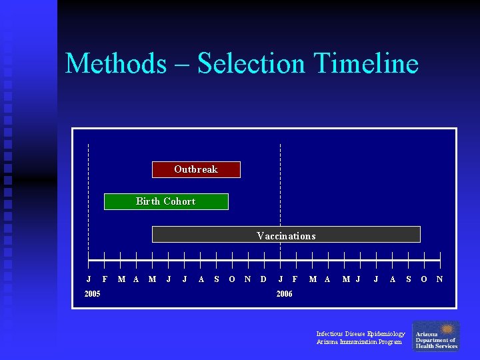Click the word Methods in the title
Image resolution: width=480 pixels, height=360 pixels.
pyautogui.click(x=115, y=64)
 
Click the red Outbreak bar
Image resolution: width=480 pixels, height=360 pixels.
pyautogui.click(x=196, y=169)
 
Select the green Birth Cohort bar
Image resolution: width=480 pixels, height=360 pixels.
pyautogui.click(x=166, y=201)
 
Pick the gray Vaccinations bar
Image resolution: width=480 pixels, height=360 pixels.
pyautogui.click(x=286, y=235)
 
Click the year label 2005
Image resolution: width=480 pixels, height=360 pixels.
pyautogui.click(x=92, y=294)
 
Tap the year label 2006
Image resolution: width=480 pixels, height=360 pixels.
pyautogui.click(x=284, y=294)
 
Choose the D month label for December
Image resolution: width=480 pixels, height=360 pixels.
pyautogui.click(x=263, y=279)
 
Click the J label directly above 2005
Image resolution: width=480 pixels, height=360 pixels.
pyautogui.click(x=89, y=279)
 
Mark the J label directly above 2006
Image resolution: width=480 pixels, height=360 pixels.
pyautogui.click(x=280, y=279)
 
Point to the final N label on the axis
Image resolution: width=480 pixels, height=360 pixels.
pyautogui.click(x=439, y=279)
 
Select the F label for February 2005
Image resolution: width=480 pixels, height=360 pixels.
pyautogui.click(x=105, y=279)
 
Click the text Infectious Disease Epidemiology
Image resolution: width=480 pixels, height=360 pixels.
pyautogui.click(x=361, y=333)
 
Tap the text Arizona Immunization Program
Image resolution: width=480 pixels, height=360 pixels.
pyautogui.click(x=359, y=342)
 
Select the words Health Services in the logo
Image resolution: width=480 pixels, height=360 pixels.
pyautogui.click(x=437, y=346)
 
